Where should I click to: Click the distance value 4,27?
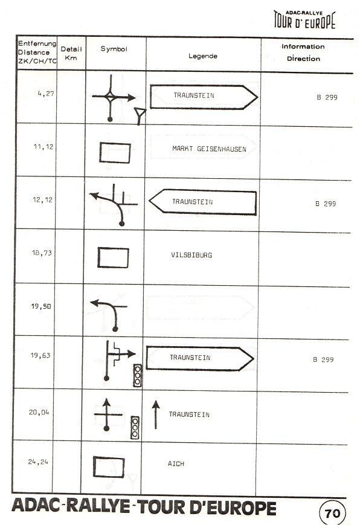click(46, 94)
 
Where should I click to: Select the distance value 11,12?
click(43, 147)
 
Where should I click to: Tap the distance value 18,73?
click(42, 253)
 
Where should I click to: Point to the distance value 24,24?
click(38, 462)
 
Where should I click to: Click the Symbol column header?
click(114, 49)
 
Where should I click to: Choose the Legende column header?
click(203, 56)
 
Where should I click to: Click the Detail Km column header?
click(71, 53)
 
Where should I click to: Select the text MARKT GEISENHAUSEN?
click(210, 149)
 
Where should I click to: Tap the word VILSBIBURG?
click(191, 255)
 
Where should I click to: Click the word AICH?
click(176, 464)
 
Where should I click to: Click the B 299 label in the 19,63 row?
click(323, 359)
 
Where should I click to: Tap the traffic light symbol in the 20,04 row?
click(135, 428)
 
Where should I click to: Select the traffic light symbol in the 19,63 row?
click(138, 375)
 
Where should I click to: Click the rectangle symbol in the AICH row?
click(109, 467)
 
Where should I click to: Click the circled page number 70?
click(332, 513)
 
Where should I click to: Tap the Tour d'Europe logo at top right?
click(304, 20)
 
